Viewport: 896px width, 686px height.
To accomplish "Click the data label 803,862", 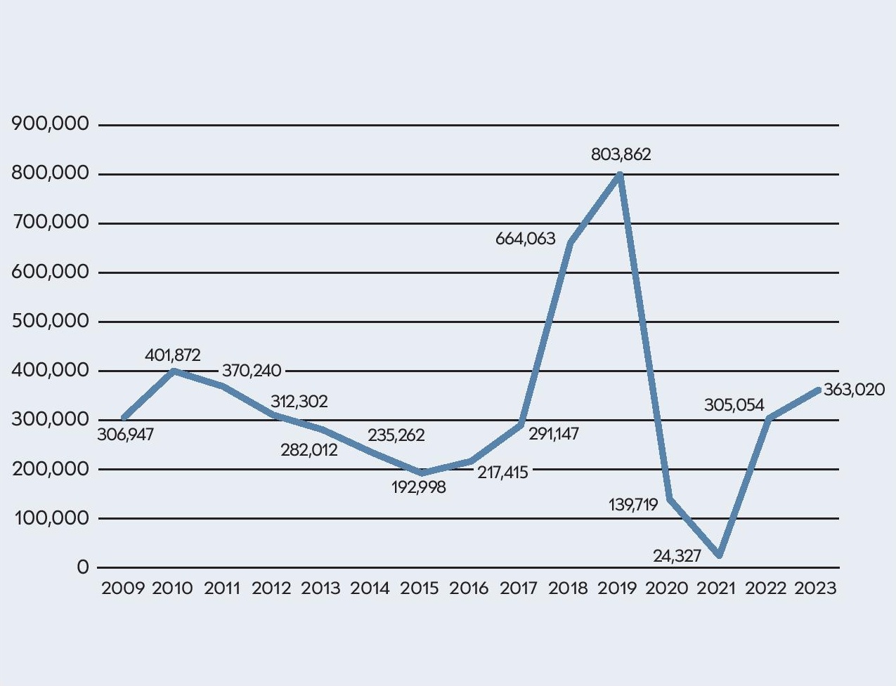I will (621, 154).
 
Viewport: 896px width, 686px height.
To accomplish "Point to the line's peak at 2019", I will (620, 174).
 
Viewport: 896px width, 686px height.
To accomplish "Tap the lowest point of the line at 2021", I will (719, 555).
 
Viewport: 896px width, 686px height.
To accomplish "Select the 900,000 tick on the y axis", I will (51, 124).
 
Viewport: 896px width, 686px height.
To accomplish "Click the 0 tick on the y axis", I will (83, 567).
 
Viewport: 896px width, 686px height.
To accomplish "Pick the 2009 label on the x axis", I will (123, 588).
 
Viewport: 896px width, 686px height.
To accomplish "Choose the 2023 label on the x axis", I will (815, 588).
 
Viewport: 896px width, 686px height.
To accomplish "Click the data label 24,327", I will (677, 556).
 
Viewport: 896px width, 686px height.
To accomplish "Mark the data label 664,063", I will (525, 239).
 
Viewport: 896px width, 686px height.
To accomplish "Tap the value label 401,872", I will (172, 355).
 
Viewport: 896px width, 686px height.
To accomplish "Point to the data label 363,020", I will (854, 390).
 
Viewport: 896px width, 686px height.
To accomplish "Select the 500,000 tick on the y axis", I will (51, 321).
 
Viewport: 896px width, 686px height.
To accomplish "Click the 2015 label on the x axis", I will (420, 588).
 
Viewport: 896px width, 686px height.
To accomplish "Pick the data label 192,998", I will (418, 487).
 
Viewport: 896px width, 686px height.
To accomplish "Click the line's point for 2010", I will (174, 370).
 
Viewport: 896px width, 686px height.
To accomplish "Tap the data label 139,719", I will (633, 504).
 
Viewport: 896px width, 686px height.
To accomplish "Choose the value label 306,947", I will (125, 435).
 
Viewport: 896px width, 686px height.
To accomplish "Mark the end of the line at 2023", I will (817, 390).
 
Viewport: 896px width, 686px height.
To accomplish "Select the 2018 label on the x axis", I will (568, 588).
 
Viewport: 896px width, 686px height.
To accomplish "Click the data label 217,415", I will (502, 473).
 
